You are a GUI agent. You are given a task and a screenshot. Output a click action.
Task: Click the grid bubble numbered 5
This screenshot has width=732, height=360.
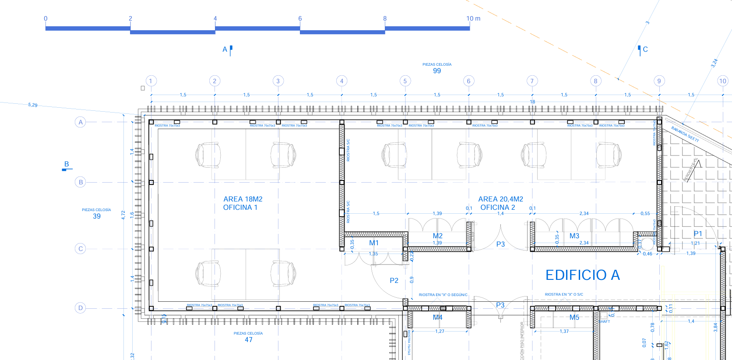coord(405,81)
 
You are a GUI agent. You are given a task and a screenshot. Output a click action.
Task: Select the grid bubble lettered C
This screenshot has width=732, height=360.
coord(80,249)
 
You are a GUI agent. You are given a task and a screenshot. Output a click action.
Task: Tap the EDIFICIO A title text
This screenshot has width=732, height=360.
coord(582,275)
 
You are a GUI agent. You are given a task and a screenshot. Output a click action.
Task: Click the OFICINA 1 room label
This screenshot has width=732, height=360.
coord(240,208)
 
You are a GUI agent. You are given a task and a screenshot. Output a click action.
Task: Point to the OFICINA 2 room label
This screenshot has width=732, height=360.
coord(498,208)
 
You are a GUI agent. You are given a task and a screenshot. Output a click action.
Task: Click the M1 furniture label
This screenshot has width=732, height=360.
coord(374,243)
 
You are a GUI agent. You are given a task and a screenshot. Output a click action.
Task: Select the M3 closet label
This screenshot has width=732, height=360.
coord(574,236)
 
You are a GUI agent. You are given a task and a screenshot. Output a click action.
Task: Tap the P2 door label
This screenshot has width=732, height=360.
coord(394,280)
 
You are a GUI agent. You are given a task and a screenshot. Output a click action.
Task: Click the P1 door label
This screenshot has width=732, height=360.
coord(698,234)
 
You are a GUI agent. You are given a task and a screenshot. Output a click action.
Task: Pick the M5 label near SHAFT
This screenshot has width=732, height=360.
coord(574,318)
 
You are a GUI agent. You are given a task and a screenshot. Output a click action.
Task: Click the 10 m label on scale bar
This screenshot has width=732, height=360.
coord(473,18)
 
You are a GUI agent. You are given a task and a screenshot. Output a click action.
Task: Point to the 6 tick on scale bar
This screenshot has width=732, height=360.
coord(300,18)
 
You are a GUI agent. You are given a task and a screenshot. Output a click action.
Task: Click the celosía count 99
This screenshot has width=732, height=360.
coord(437,71)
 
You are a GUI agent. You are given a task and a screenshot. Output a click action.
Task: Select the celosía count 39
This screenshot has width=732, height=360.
coord(97,216)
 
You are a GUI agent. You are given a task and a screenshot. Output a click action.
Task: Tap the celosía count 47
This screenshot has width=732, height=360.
coord(249,340)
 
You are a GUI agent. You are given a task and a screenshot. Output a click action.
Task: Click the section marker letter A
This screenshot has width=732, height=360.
coord(225,49)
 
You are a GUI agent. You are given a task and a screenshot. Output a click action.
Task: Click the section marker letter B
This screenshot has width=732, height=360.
coord(67,164)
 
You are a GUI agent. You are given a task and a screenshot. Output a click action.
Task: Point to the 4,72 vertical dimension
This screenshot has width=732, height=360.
coord(123,215)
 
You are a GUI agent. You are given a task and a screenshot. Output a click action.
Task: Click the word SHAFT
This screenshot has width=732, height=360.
coord(605,321)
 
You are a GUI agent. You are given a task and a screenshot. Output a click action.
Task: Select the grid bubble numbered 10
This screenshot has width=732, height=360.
coord(723,81)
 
